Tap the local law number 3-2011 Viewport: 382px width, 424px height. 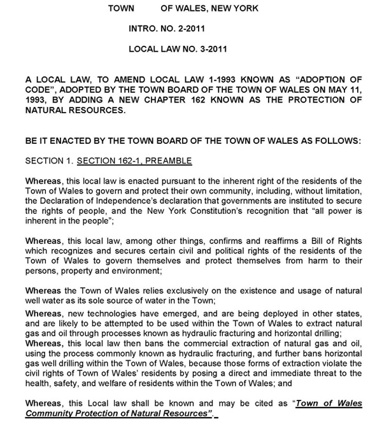coord(208,48)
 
